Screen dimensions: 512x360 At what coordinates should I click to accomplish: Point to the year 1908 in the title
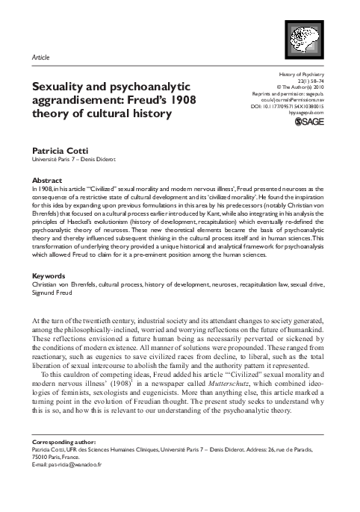click(x=174, y=100)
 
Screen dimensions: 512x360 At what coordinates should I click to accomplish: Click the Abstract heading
click(x=48, y=181)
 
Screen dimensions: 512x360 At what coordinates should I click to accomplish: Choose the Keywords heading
click(x=50, y=276)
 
